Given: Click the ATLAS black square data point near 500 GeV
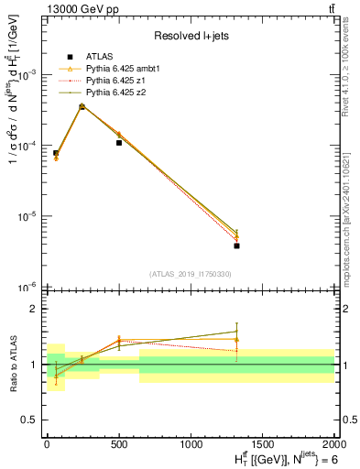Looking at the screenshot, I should (119, 143).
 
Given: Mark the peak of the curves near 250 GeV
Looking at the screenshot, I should (82, 106).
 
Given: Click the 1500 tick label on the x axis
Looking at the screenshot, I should (263, 442).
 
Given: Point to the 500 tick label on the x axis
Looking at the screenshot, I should (119, 442).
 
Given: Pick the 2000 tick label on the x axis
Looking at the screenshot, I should (334, 442).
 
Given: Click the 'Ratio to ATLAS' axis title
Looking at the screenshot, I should (10, 364).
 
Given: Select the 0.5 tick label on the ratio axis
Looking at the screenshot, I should (29, 420).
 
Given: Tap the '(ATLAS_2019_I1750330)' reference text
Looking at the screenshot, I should (190, 274).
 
